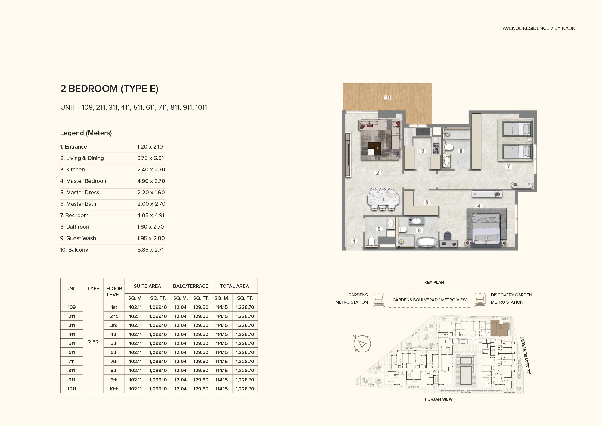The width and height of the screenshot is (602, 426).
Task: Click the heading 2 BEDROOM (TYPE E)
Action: point(109,89)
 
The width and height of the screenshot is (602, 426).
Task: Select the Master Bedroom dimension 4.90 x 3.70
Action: point(151,181)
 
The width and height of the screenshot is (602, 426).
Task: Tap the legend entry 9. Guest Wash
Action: point(78,238)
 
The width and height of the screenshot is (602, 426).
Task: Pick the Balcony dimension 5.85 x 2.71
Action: point(150,250)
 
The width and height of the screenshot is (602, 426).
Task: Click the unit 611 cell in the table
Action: point(72,352)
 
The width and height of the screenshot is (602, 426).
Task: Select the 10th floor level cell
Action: point(114,389)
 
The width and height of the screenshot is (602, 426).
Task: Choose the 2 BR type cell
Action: point(93,342)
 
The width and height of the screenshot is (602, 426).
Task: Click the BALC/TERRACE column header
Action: point(191,286)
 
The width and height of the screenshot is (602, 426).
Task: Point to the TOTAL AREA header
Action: point(234,286)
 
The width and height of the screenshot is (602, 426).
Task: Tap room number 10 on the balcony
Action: point(387,97)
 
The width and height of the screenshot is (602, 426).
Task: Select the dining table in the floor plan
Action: point(383,199)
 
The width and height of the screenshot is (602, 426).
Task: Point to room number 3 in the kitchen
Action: point(423,151)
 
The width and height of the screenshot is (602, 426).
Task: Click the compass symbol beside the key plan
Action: point(362,343)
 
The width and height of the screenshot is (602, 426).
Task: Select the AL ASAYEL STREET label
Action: point(526,356)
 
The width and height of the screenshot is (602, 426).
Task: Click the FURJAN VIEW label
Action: point(439,399)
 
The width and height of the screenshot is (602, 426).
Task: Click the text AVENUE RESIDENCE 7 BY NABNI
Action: point(539,28)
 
